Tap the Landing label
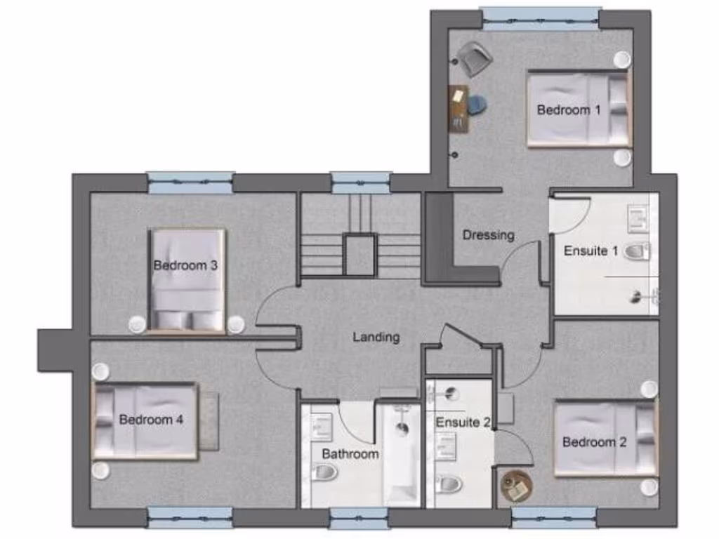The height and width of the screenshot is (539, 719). [x=376, y=337]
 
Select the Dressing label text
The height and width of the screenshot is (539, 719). [x=488, y=235]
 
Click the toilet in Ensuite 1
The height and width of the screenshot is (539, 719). [x=637, y=251]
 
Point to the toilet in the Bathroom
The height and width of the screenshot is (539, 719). [x=324, y=474]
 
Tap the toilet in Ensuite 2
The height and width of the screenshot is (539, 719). [x=449, y=484]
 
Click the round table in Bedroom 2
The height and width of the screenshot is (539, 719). [x=516, y=485]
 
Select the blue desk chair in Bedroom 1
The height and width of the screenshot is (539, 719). [x=477, y=105]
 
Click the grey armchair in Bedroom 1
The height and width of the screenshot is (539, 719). [x=475, y=58]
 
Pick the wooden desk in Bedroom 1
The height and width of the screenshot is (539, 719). [x=459, y=108]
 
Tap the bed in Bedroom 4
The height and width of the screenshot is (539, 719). [x=145, y=421]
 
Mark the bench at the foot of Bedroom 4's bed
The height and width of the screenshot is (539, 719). [x=209, y=421]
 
